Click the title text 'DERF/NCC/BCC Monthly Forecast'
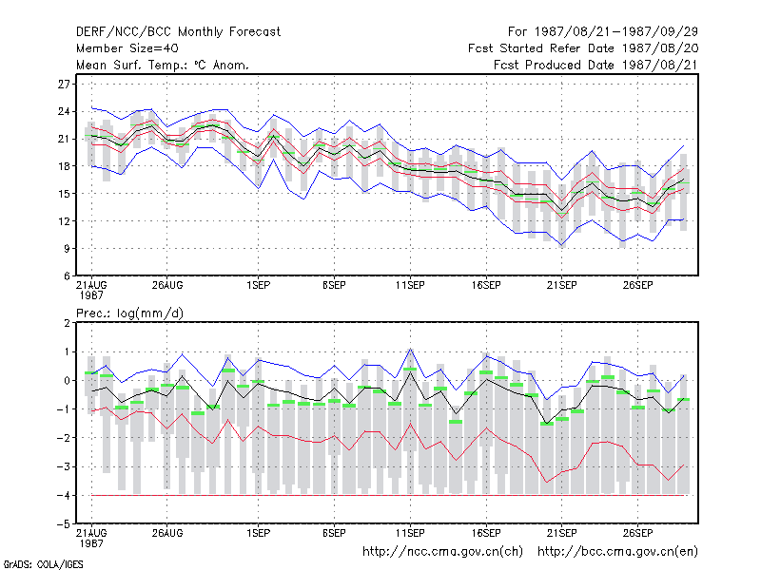[x=178, y=32]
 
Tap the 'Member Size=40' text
[x=127, y=48]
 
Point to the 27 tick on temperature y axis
[x=64, y=85]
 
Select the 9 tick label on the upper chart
[x=67, y=249]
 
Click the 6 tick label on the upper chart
[x=67, y=276]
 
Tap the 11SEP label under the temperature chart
[x=410, y=286]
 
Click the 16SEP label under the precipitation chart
[x=486, y=533]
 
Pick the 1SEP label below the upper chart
[x=258, y=286]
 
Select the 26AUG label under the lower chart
[x=167, y=533]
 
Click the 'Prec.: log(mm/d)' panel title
[x=130, y=313]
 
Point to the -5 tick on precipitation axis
[x=64, y=524]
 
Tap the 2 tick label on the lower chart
[x=67, y=323]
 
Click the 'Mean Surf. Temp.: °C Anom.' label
[x=163, y=65]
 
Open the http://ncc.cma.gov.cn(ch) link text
[x=442, y=552]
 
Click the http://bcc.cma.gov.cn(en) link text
[x=617, y=552]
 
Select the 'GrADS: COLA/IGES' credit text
[x=43, y=564]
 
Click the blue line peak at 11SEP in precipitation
[x=411, y=349]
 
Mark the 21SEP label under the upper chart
[x=562, y=286]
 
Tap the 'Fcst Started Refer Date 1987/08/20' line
[x=583, y=48]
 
